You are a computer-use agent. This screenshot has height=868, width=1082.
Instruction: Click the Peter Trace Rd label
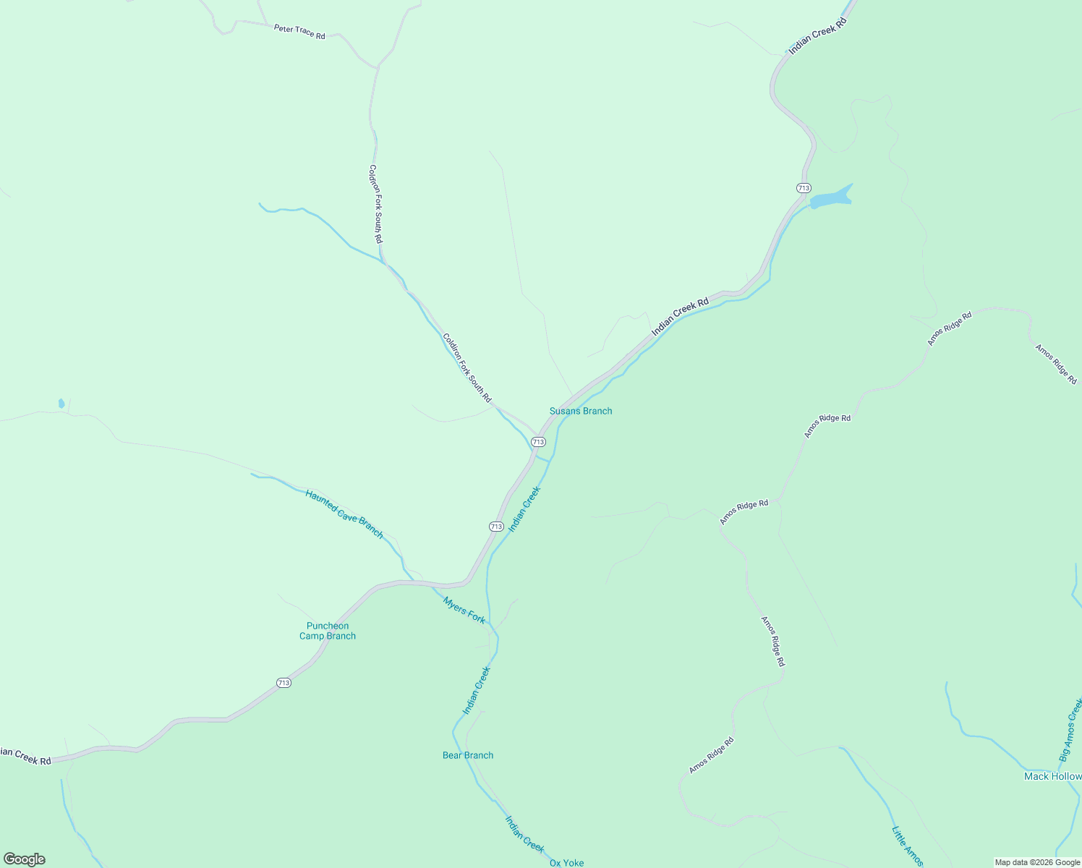coord(299,32)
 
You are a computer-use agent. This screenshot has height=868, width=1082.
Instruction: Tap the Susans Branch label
coord(581,411)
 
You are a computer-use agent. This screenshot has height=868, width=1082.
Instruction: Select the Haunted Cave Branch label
coord(344,514)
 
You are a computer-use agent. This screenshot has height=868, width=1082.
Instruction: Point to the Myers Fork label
coord(464,610)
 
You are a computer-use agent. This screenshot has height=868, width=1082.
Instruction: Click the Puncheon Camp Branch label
coord(328,631)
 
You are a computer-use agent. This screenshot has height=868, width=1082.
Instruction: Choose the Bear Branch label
coord(468,755)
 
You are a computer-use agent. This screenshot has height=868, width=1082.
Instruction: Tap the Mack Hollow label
coord(1052,776)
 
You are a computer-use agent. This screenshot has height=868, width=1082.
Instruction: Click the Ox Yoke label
coord(566,862)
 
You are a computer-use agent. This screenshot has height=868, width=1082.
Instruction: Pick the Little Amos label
coord(907,846)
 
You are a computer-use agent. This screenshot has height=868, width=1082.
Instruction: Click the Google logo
coord(25,859)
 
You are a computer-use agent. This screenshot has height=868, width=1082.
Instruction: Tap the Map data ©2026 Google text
coord(1037,862)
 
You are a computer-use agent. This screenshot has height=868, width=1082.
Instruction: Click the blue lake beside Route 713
coord(830,197)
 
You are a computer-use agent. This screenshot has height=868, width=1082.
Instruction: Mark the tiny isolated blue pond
coord(61,404)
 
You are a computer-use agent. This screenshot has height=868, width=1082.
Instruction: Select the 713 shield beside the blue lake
coord(804,188)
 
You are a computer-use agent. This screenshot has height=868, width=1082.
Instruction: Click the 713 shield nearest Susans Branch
coord(538,441)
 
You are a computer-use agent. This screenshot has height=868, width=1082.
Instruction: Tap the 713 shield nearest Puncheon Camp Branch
coord(284,683)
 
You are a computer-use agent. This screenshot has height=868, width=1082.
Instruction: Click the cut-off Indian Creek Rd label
coord(26,756)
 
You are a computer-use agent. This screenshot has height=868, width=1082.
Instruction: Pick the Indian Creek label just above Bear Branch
coord(477,690)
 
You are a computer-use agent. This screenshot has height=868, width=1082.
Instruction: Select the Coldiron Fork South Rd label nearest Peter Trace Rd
coord(375,204)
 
